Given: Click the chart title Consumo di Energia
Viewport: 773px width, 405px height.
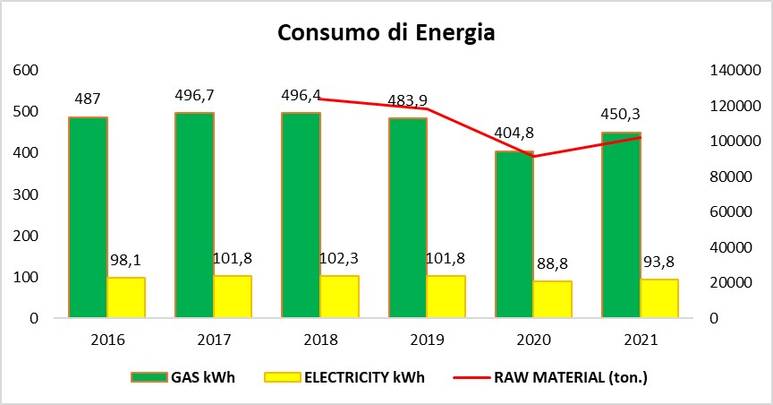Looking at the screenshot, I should click(386, 33).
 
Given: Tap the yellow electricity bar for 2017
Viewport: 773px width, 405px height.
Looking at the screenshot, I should click(233, 297).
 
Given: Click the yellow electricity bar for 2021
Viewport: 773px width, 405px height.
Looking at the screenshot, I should click(659, 298).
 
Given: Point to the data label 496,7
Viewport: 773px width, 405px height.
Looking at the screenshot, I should click(194, 95).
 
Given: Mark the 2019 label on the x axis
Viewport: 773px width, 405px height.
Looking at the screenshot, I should click(426, 340).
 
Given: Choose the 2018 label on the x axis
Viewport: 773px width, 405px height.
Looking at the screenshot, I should click(319, 340).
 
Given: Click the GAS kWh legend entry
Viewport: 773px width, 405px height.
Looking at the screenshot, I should click(183, 377).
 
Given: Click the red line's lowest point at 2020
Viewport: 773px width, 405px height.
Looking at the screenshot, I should click(533, 156).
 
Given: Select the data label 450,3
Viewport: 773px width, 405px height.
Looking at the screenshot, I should click(621, 115).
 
